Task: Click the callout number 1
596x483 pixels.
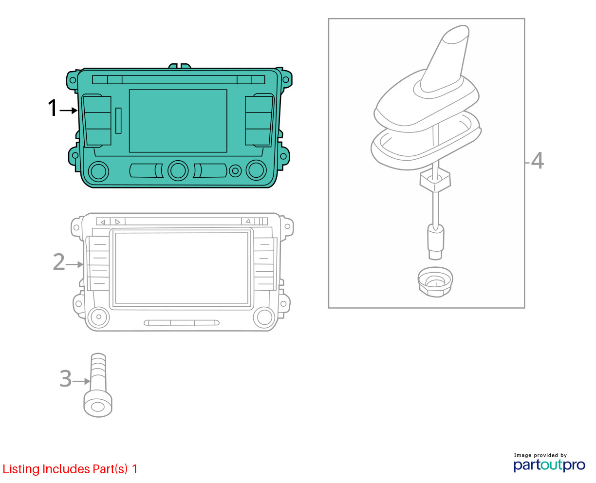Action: [x=53, y=108]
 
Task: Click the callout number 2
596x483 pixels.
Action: [x=59, y=261]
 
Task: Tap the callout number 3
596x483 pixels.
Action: [x=65, y=378]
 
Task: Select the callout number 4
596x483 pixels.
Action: [x=537, y=160]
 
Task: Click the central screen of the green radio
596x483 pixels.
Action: [x=178, y=121]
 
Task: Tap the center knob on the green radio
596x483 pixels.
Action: [x=178, y=170]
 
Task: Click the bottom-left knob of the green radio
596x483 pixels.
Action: [x=98, y=171]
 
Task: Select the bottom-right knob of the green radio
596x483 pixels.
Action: [x=256, y=170]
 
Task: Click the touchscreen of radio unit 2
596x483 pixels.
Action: [x=182, y=268]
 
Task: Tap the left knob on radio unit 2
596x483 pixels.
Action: [x=98, y=317]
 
